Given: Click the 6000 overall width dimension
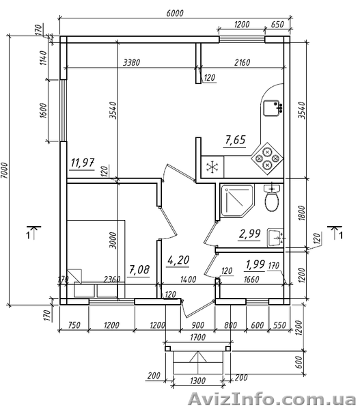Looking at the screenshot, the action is click(x=175, y=13).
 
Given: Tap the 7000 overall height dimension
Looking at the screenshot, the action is click(x=5, y=171).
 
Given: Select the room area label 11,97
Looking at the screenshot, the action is click(x=83, y=163).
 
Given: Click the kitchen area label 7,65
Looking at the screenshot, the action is click(x=235, y=140).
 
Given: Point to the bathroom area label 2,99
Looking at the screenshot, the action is click(x=249, y=234).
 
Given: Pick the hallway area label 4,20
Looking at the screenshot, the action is click(x=178, y=260).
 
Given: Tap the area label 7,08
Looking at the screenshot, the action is click(x=139, y=270).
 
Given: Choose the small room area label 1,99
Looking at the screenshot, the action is click(x=255, y=264).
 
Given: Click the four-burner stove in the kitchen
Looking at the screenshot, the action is click(x=267, y=159).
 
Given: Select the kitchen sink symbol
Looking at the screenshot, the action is click(x=272, y=108).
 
